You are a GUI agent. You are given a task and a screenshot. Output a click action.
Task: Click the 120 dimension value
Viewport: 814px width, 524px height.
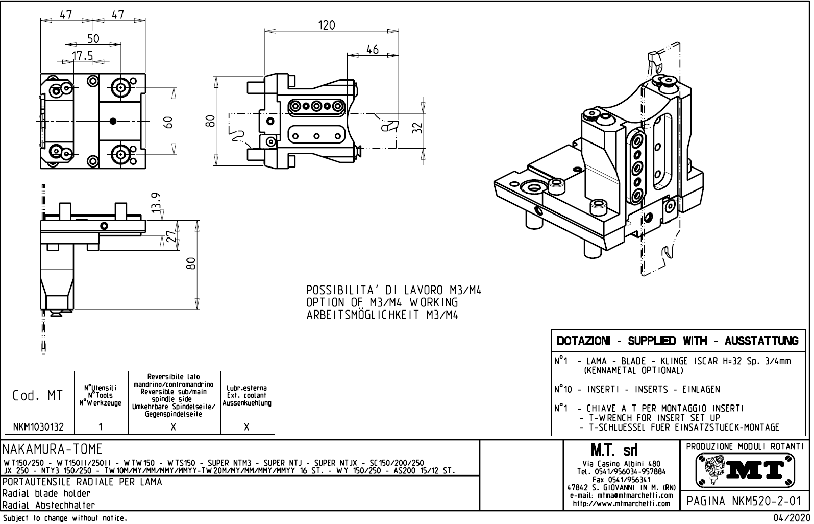click(x=327, y=25)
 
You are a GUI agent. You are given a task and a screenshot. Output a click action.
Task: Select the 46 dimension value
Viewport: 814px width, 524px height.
click(x=373, y=49)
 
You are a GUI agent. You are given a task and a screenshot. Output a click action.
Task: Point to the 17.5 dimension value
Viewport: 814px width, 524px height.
click(x=82, y=55)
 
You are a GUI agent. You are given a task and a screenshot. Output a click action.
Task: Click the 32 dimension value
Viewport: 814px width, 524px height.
click(x=417, y=127)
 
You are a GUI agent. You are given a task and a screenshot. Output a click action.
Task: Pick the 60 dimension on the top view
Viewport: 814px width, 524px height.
click(x=167, y=122)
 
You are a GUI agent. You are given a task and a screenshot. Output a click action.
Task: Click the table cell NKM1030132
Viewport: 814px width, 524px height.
click(x=39, y=426)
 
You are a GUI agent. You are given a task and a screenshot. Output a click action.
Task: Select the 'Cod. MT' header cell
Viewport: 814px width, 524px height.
click(x=39, y=395)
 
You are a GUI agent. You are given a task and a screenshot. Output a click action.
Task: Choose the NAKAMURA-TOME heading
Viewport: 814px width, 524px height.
click(x=53, y=449)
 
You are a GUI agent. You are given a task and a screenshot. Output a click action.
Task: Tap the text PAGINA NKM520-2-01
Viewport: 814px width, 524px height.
click(x=744, y=501)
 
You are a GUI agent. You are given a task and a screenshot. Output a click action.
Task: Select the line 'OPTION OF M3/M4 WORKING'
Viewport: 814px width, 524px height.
click(x=382, y=302)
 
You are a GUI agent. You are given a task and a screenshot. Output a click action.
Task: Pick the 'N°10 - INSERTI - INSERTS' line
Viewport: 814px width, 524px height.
click(x=637, y=389)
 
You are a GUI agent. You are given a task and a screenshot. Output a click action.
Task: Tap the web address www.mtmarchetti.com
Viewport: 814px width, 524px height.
click(x=621, y=503)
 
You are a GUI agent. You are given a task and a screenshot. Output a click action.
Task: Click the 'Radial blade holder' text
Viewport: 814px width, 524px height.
click(x=46, y=493)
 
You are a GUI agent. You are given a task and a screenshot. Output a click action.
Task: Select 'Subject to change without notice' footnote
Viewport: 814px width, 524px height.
click(x=64, y=518)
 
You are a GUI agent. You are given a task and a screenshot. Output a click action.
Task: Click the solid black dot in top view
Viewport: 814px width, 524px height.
click(x=113, y=121)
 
